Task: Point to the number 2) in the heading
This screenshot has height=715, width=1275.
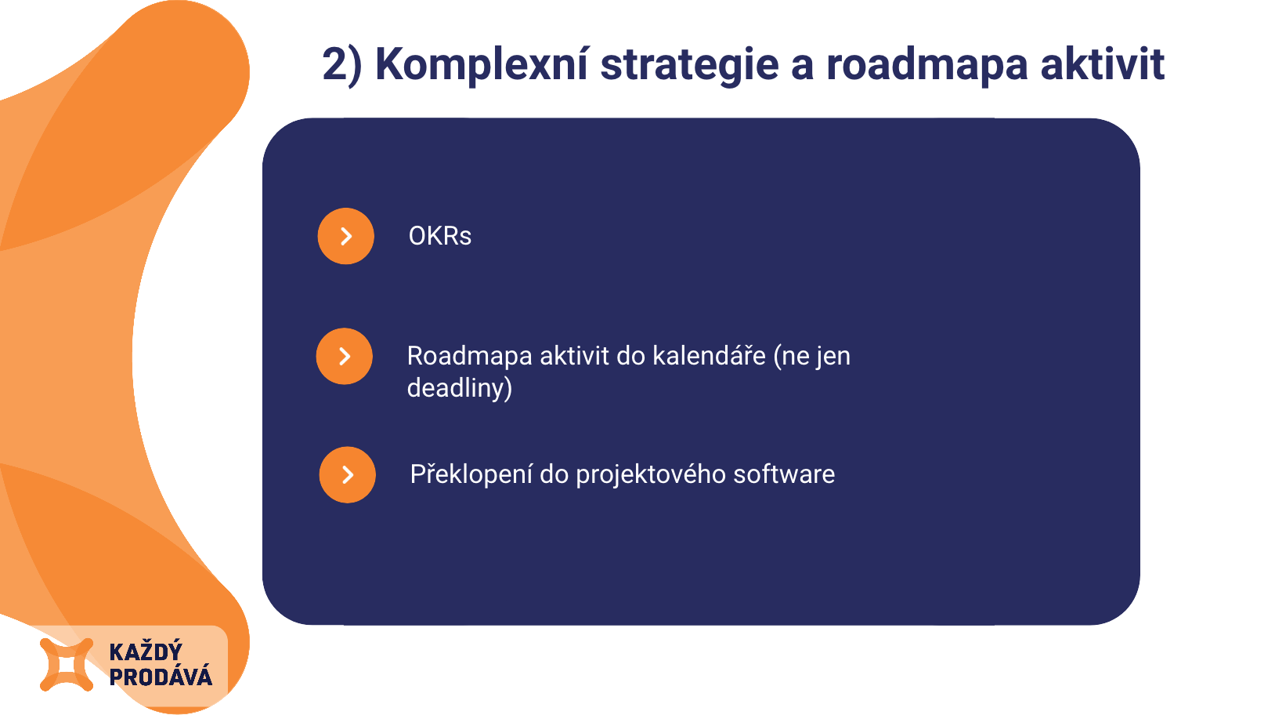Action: click(x=341, y=65)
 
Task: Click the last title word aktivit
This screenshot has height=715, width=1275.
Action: click(x=1103, y=64)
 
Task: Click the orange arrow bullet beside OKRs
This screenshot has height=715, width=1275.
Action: click(x=345, y=236)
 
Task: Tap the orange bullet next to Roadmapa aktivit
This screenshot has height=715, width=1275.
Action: click(x=345, y=356)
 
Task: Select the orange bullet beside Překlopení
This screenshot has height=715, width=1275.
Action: click(x=347, y=474)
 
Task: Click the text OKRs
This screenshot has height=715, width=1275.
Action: click(x=440, y=236)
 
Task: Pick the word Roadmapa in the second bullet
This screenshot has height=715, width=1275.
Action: click(x=470, y=357)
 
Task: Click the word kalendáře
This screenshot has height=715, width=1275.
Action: click(x=709, y=356)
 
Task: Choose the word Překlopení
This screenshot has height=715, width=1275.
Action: click(x=471, y=474)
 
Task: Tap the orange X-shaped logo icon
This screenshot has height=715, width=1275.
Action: click(x=66, y=665)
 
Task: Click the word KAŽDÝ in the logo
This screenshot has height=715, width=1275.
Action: click(x=146, y=651)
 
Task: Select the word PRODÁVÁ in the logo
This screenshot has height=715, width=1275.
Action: click(x=161, y=677)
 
